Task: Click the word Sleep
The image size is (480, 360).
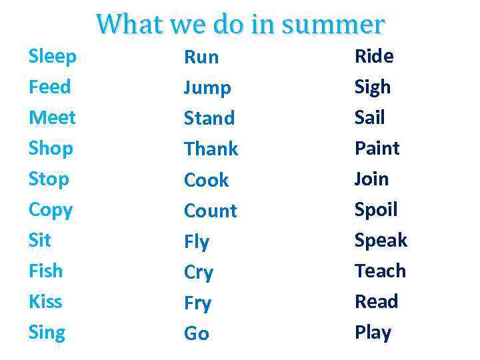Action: tap(53, 57)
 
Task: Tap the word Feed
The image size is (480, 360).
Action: tap(49, 87)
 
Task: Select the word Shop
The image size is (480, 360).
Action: tap(51, 149)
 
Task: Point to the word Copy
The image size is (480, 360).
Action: tap(51, 210)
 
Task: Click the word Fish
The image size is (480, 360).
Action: tap(45, 271)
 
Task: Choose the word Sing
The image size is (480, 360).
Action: tap(47, 332)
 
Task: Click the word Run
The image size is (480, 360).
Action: tap(201, 57)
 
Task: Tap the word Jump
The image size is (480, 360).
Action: tap(207, 88)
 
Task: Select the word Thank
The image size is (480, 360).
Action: tap(211, 149)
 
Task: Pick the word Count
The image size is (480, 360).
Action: tap(211, 211)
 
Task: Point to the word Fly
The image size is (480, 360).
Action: tap(197, 242)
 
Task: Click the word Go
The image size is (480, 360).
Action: tap(197, 333)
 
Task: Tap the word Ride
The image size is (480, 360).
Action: tap(374, 57)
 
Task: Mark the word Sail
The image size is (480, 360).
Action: tap(370, 118)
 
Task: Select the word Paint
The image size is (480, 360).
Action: tap(377, 148)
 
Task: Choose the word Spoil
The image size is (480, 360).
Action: tap(376, 210)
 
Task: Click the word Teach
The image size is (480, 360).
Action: tap(380, 271)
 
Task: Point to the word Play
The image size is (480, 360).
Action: tap(373, 332)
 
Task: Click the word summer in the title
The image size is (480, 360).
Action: tap(333, 25)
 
